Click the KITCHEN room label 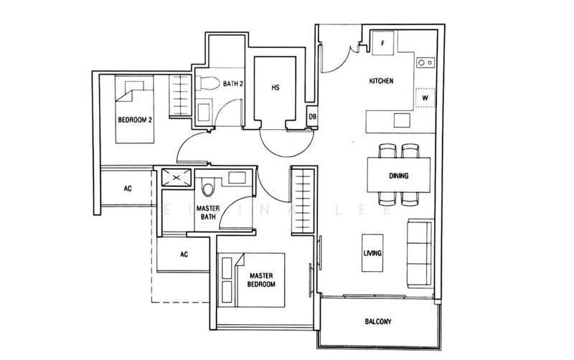(381, 81)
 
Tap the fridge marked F (383, 43)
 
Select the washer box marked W (425, 98)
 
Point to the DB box (312, 116)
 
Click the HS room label (276, 87)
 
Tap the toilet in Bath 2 (207, 83)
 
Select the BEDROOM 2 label (135, 120)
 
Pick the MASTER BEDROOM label (261, 280)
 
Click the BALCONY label (378, 321)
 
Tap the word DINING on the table (399, 176)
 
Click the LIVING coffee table (372, 253)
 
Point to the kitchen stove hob (425, 62)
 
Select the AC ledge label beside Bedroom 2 (128, 189)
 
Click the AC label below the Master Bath (184, 254)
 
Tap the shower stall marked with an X (177, 178)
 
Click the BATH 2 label (233, 83)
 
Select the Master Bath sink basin (237, 178)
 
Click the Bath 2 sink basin (203, 113)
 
